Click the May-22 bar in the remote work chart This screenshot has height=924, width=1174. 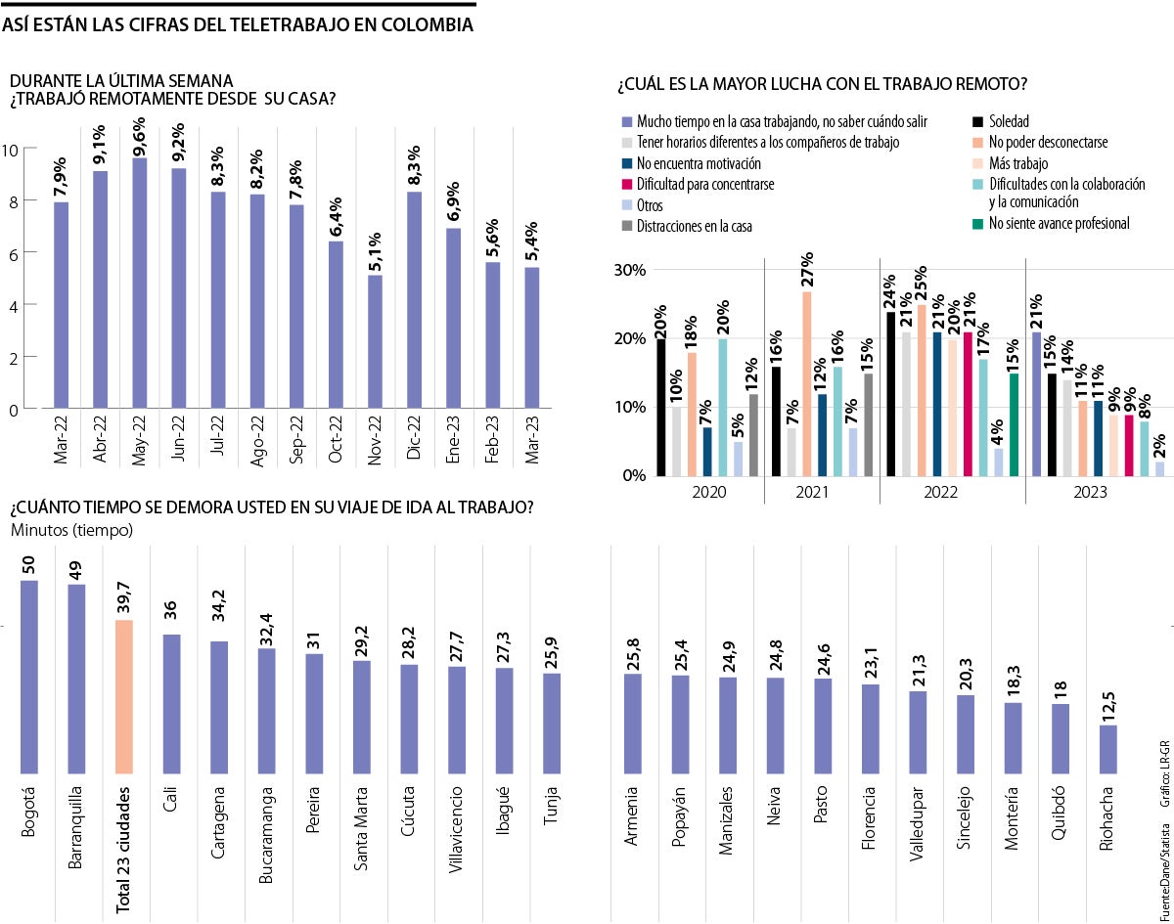pyautogui.click(x=140, y=284)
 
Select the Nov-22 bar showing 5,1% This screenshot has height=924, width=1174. pyautogui.click(x=375, y=342)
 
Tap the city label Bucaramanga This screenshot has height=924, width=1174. pyautogui.click(x=267, y=831)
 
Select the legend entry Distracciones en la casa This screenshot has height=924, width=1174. pyautogui.click(x=693, y=227)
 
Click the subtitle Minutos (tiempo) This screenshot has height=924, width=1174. pyautogui.click(x=72, y=530)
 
